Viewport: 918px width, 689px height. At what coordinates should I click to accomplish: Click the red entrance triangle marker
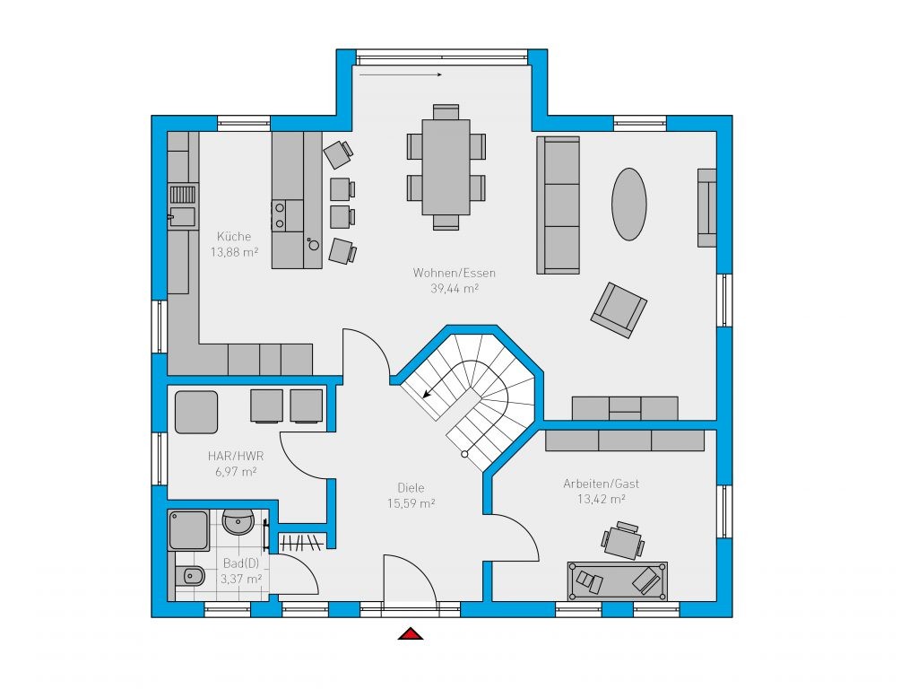point(411,633)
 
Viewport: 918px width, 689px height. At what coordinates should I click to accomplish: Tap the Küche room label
point(234,237)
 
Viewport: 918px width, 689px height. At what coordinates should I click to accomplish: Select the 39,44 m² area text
point(455,288)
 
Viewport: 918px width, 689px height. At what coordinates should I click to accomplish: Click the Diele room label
point(411,487)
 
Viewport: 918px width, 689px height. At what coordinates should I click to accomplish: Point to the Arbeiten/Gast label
point(602,484)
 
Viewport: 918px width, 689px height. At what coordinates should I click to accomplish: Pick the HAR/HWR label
point(236,456)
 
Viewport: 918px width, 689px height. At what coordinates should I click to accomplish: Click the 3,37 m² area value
point(240,580)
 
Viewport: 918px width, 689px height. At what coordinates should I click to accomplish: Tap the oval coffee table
point(629,204)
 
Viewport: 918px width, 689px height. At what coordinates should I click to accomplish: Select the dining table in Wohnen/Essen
point(446,167)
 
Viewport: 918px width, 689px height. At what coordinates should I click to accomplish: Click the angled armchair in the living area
point(619,310)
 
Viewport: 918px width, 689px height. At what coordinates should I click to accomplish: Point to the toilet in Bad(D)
point(189,577)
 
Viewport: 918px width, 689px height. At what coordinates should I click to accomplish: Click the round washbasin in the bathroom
point(238,521)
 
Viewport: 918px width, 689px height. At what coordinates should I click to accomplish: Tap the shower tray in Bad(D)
point(188,530)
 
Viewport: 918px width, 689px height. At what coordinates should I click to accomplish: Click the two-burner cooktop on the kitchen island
point(280,215)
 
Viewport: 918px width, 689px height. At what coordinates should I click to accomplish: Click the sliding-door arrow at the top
point(401,74)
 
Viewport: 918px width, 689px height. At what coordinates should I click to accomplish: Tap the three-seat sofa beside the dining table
point(559,205)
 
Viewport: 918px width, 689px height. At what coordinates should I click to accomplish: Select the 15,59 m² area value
point(411,503)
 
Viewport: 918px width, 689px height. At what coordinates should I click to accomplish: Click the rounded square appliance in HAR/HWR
point(196,413)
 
